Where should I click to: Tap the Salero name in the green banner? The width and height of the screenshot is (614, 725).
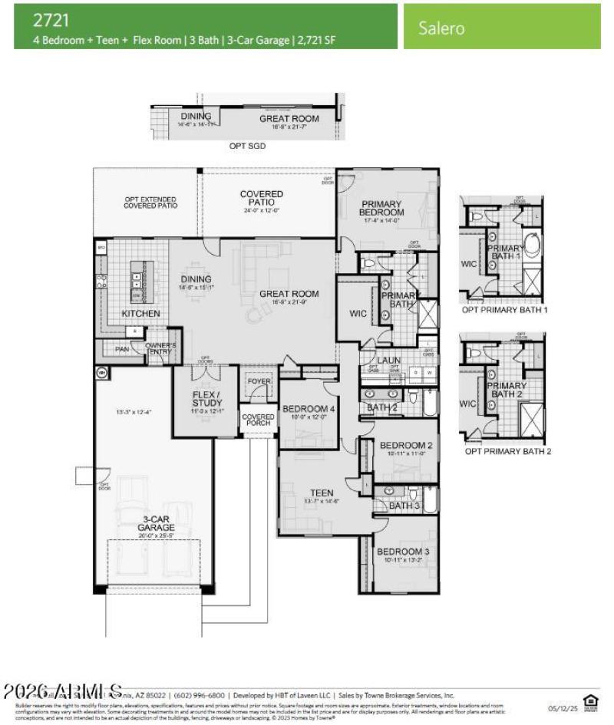point(441,28)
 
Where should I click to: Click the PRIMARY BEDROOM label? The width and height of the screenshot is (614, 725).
point(382,208)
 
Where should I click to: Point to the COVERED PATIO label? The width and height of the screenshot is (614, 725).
point(261,199)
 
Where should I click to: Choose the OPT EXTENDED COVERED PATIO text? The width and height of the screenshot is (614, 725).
point(150,203)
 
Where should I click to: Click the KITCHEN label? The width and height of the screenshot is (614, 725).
point(140,314)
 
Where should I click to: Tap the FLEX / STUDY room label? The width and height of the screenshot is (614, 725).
point(206,400)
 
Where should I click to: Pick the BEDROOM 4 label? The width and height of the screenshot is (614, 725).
point(309,408)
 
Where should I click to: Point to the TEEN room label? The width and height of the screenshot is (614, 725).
point(321,493)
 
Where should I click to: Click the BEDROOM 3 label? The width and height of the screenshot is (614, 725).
point(400,552)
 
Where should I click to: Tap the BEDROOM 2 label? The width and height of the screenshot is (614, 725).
point(405,446)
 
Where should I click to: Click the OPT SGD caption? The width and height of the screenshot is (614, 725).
point(247,145)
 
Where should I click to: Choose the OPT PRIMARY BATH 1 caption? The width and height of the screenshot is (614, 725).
point(504,311)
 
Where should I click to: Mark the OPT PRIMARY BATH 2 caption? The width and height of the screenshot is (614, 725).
point(507,451)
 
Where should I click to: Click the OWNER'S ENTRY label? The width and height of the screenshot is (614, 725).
point(161,348)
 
